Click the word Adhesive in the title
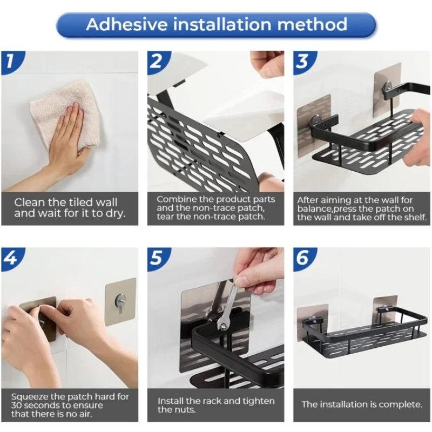click(127, 24)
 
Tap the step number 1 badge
click(11, 62)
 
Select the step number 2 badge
click(158, 62)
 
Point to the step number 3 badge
click(303, 62)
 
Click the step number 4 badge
click(11, 259)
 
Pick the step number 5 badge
click(158, 259)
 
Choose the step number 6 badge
click(303, 259)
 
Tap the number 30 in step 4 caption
click(17, 406)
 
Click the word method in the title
click(312, 24)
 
